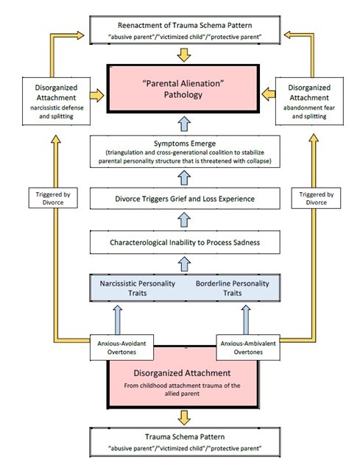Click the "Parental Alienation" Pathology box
[x=183, y=89]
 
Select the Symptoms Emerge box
[x=185, y=152]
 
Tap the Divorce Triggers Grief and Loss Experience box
[x=185, y=199]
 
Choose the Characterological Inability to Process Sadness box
[x=185, y=242]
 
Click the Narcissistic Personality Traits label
[x=138, y=288]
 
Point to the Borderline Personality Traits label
[x=233, y=288]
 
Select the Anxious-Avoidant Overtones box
[x=121, y=347]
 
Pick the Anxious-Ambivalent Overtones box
[x=248, y=347]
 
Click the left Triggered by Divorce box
[x=53, y=198]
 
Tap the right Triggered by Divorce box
[x=316, y=198]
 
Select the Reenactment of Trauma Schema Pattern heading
[x=185, y=25]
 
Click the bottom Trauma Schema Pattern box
[x=185, y=442]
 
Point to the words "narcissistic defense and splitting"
[x=57, y=112]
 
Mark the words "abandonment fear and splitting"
[x=309, y=112]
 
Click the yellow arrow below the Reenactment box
[x=184, y=54]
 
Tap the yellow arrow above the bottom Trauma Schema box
[x=184, y=418]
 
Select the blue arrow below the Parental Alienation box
[x=185, y=124]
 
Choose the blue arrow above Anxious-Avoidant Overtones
[x=118, y=320]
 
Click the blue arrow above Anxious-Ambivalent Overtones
[x=246, y=320]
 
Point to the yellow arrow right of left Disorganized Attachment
[x=96, y=96]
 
